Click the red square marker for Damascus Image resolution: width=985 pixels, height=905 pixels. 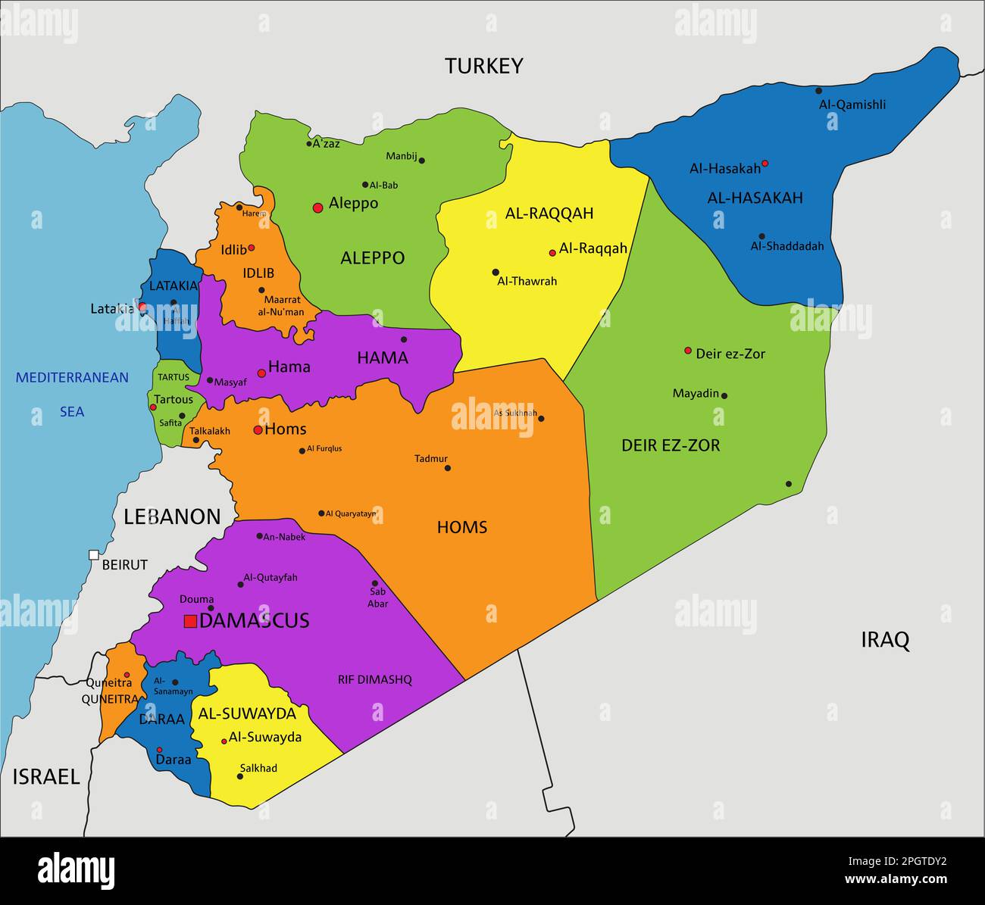click(191, 621)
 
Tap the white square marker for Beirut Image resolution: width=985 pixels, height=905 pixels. click(94, 555)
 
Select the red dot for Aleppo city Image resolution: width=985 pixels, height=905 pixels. click(318, 207)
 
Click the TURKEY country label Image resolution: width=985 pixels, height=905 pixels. click(483, 66)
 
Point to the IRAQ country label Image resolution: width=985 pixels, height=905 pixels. click(885, 640)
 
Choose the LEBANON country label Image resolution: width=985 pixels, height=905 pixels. click(172, 516)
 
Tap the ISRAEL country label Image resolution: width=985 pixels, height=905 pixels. click(46, 776)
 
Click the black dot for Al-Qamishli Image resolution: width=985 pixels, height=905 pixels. click(819, 91)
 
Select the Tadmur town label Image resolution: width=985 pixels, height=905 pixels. click(431, 458)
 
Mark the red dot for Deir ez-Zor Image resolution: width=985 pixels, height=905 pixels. click(688, 351)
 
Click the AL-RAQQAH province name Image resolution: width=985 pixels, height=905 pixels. click(549, 214)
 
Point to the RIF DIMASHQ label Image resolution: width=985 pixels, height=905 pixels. click(375, 680)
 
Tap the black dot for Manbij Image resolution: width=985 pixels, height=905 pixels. click(422, 161)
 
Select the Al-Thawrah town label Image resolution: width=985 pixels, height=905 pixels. click(527, 281)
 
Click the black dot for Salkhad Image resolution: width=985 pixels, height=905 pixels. click(240, 776)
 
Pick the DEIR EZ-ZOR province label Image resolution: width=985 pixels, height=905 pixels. click(671, 445)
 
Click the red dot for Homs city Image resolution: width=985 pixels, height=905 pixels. click(258, 430)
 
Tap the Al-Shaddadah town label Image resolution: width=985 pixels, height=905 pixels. click(786, 246)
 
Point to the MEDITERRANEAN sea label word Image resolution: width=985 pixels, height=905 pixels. click(73, 377)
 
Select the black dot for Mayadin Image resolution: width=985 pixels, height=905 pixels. click(724, 395)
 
